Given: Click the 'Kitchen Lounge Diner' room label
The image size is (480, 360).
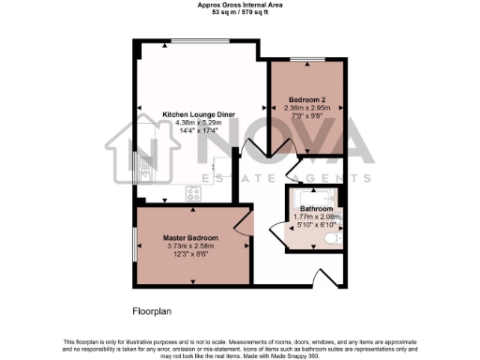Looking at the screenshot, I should point(199,114).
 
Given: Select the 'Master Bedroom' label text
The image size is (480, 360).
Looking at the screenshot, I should point(191,238).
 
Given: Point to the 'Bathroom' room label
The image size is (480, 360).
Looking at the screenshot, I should point(316,208).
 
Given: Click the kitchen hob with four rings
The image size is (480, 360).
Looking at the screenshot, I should point(195,193).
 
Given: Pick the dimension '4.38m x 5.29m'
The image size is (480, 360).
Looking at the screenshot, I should point(199,122).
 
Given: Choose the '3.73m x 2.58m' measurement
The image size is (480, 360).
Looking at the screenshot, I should point(191,246).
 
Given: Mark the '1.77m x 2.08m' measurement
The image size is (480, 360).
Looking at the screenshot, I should point(316,217).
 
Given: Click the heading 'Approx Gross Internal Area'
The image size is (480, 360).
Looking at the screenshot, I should point(239,5).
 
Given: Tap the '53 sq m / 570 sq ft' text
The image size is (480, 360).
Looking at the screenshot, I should point(239,13).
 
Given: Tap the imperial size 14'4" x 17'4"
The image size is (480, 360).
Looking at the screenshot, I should point(199,130).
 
